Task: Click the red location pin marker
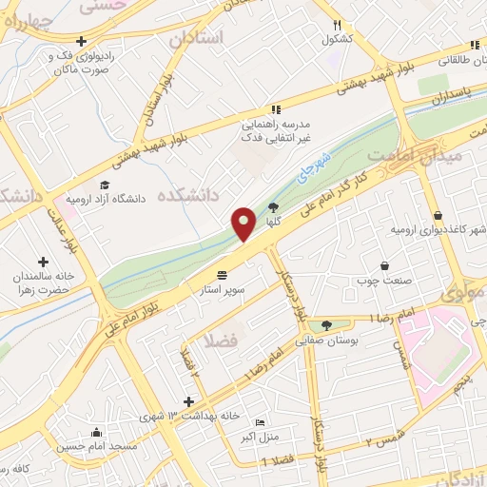pyautogui.click(x=243, y=224)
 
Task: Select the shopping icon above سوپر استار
pyautogui.click(x=223, y=273)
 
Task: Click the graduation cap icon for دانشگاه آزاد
pyautogui.click(x=104, y=185)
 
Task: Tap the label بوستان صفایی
pyautogui.click(x=328, y=340)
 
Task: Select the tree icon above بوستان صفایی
pyautogui.click(x=327, y=325)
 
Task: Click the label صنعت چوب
pyautogui.click(x=383, y=280)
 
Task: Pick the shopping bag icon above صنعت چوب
pyautogui.click(x=383, y=265)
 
